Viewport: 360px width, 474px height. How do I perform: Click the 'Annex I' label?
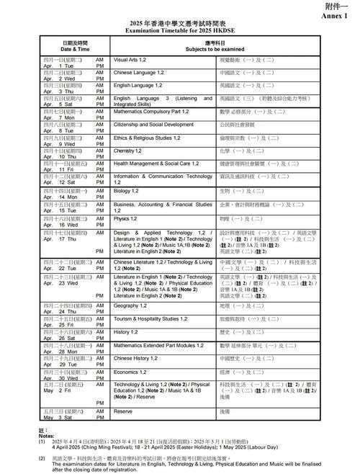(x=341, y=15)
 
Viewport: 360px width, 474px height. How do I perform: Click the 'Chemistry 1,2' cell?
(x=130, y=151)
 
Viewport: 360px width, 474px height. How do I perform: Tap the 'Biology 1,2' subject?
(x=127, y=191)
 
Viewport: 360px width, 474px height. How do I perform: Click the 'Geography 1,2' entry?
(x=130, y=305)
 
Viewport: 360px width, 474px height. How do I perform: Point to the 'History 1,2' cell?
(x=126, y=331)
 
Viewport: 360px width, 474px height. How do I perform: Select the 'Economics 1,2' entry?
(x=131, y=371)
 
